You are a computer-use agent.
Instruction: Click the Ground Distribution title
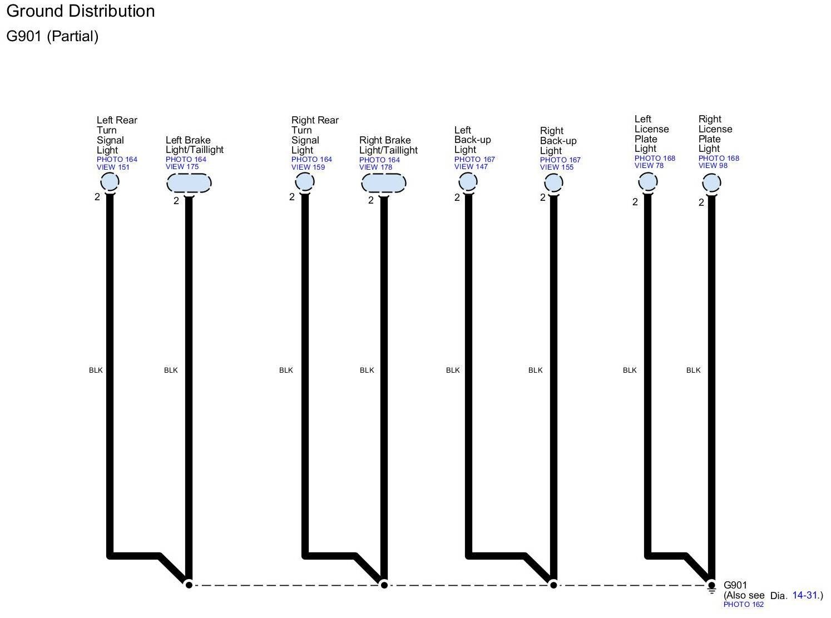click(x=81, y=11)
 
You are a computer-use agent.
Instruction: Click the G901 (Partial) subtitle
click(x=52, y=36)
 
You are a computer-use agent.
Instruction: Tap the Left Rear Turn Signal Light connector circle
click(x=110, y=182)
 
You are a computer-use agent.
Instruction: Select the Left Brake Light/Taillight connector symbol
click(x=189, y=183)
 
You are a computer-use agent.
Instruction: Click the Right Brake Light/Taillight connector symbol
click(x=384, y=183)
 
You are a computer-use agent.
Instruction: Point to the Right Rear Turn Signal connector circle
click(x=305, y=182)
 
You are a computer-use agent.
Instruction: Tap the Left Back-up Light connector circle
click(x=468, y=181)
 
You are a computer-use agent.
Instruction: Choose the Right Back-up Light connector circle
click(x=553, y=182)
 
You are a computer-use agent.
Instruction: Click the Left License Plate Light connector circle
click(x=648, y=182)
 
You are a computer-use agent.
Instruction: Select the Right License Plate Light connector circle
click(x=711, y=182)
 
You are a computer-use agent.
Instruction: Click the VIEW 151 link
click(x=113, y=167)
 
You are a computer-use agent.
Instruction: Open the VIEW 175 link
click(x=182, y=167)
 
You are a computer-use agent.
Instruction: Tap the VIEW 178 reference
click(x=375, y=167)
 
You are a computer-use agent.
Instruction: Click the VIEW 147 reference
click(x=471, y=167)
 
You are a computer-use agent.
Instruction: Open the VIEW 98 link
click(x=713, y=166)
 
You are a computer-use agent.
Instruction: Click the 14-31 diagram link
click(x=805, y=596)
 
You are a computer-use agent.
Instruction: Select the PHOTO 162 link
click(x=743, y=605)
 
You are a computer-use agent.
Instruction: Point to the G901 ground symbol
click(x=711, y=586)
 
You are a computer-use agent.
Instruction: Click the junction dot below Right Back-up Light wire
click(x=553, y=585)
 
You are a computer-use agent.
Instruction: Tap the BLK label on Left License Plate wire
click(x=630, y=370)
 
